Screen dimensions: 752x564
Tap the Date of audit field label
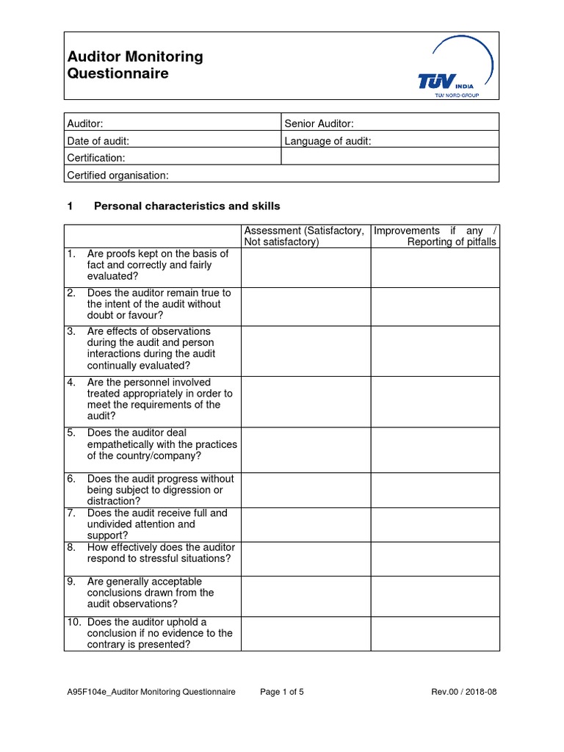click(98, 141)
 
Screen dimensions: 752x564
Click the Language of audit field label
click(328, 141)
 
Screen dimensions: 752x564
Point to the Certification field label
click(96, 158)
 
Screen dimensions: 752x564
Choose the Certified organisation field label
click(117, 175)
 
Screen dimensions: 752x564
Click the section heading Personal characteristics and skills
click(187, 206)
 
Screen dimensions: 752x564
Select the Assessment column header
click(304, 236)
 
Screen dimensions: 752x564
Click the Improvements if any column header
click(435, 236)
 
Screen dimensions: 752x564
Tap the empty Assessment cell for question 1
click(305, 267)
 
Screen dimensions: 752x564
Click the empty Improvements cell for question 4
click(435, 401)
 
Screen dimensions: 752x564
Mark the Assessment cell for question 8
click(305, 558)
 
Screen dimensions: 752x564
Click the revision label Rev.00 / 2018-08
click(464, 692)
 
